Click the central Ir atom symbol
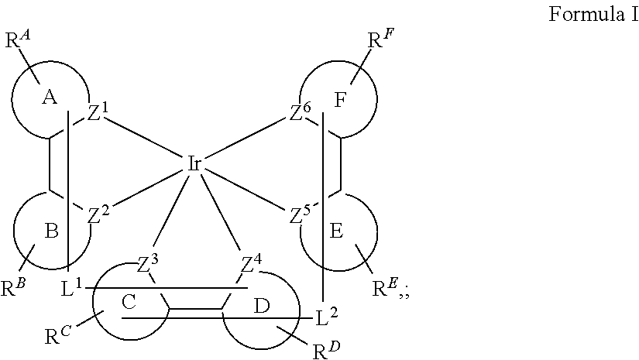[194, 163]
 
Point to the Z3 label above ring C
[147, 264]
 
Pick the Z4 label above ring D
[252, 264]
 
